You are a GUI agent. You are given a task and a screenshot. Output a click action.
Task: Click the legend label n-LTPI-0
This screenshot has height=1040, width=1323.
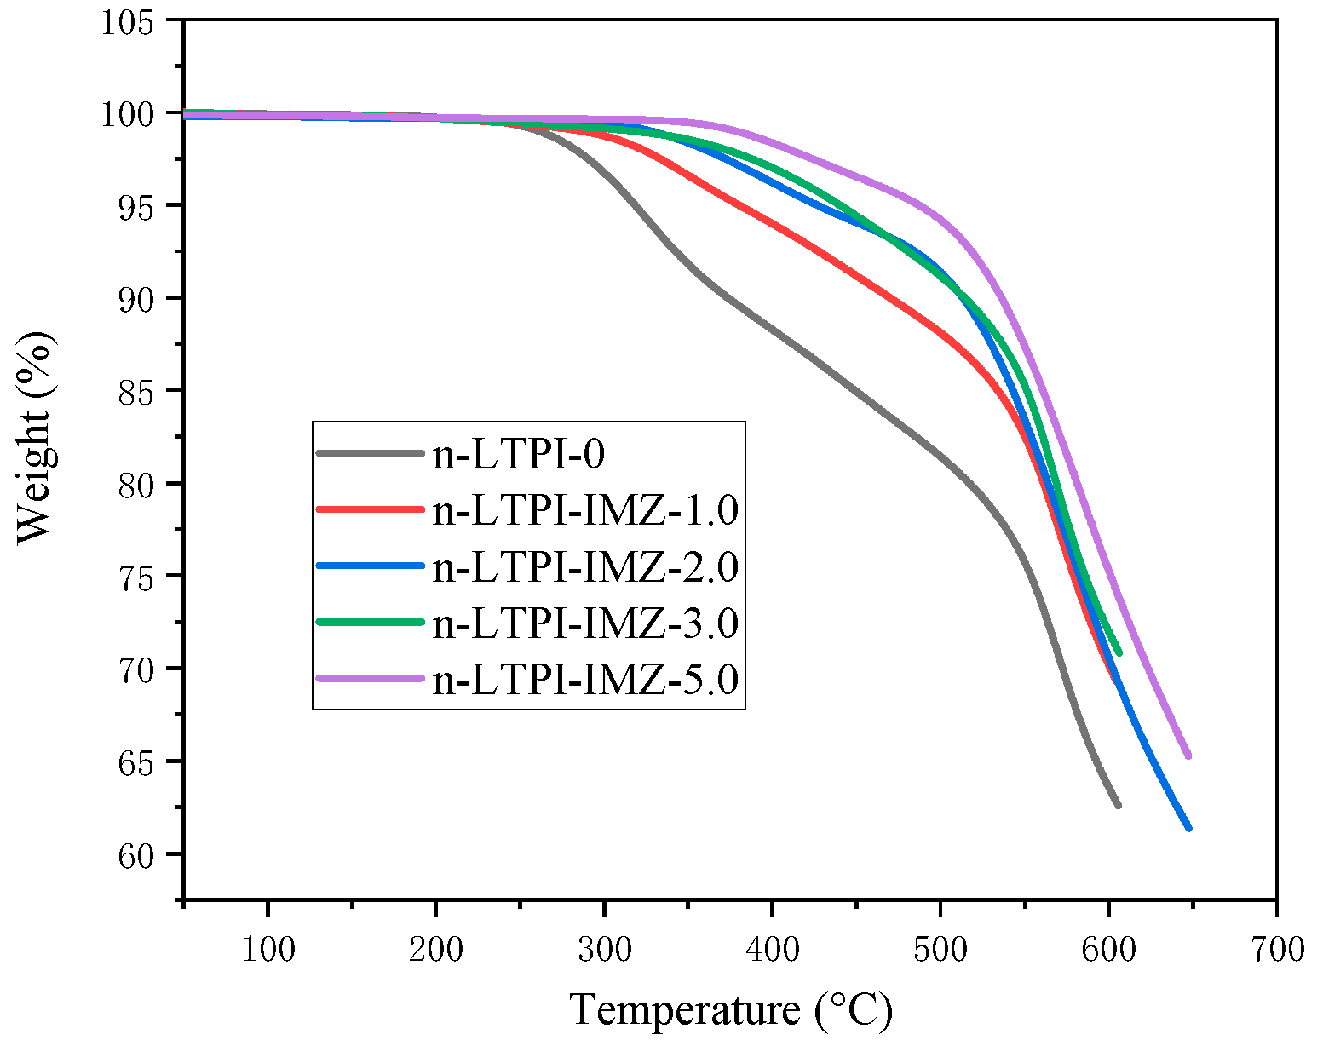click(518, 454)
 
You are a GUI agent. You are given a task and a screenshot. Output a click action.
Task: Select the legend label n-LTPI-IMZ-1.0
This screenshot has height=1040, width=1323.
click(584, 510)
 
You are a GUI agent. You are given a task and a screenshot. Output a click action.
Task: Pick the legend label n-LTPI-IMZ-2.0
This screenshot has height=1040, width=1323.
click(584, 566)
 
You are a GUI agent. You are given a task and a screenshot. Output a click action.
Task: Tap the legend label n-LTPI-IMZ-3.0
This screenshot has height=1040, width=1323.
click(584, 623)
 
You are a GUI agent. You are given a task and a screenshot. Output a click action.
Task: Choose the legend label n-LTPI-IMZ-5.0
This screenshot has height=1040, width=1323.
click(584, 679)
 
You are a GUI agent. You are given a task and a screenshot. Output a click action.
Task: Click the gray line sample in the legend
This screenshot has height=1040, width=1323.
click(370, 454)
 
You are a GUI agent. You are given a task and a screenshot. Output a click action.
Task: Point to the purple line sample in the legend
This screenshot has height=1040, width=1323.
click(370, 679)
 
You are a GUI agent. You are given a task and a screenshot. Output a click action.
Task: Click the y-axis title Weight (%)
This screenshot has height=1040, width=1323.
click(36, 437)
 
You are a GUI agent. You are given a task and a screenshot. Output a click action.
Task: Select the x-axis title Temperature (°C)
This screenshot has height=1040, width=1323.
click(730, 1010)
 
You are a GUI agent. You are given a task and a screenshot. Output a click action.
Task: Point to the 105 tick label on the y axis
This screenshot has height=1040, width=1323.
click(128, 21)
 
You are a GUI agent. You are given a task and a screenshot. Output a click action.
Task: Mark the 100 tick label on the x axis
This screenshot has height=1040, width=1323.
click(267, 949)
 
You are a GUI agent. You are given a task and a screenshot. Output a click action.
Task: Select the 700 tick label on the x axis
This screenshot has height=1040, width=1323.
click(1276, 949)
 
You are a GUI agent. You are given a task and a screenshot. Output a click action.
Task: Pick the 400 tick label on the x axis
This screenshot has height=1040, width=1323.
click(772, 949)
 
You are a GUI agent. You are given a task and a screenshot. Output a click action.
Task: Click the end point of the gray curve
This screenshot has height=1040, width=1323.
click(1118, 805)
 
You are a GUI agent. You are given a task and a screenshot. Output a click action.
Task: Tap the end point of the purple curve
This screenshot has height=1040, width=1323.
click(1188, 756)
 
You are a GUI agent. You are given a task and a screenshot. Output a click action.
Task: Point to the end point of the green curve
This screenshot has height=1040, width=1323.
click(1119, 652)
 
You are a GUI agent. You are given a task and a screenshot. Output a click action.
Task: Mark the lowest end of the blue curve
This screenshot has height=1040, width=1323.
click(1188, 828)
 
